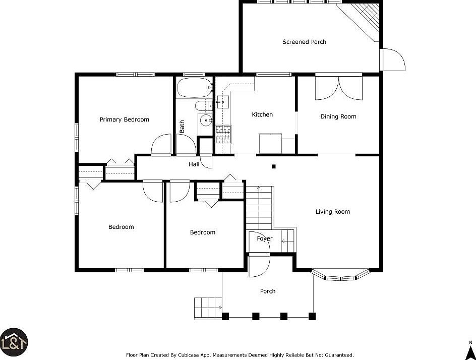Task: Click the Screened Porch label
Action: [304, 42]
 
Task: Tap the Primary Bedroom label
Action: [125, 119]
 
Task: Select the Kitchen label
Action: [262, 114]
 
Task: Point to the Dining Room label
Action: [338, 116]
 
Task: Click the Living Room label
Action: [333, 212]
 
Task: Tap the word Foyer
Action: [265, 238]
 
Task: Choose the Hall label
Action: [194, 164]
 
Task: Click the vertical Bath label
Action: [182, 127]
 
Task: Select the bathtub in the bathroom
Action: [194, 88]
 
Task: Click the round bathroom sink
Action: [206, 121]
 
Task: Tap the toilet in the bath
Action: [204, 106]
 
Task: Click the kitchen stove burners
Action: [223, 134]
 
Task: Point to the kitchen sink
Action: [222, 102]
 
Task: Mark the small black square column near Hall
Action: [273, 166]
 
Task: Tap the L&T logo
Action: [14, 342]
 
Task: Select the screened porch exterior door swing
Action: [394, 59]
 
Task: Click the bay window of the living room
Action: [340, 276]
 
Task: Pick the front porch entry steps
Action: [208, 308]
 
